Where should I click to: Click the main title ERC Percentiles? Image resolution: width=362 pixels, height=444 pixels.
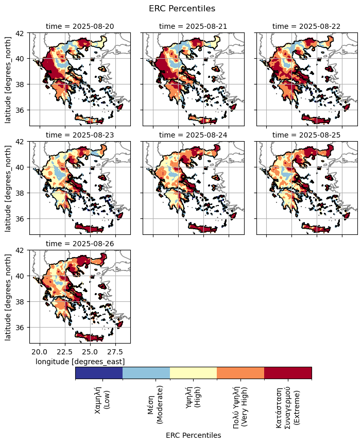pos(181,8)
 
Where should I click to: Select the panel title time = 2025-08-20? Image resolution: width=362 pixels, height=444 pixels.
pos(80,26)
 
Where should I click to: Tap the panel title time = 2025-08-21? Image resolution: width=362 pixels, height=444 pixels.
pos(193,26)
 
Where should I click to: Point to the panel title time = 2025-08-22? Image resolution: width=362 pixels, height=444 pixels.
pos(306,26)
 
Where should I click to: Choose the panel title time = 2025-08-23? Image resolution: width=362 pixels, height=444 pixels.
pos(80,135)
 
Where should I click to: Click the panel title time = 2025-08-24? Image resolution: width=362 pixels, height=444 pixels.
pos(193,135)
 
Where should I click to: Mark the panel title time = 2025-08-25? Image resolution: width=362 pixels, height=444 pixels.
pos(306,135)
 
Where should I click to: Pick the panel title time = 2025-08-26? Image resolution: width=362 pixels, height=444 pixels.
pos(80,244)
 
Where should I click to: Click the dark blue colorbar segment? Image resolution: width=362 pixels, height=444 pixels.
pos(99,372)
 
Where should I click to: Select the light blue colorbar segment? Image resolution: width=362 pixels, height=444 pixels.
pos(146,372)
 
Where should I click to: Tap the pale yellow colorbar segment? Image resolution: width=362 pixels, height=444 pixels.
pos(193,372)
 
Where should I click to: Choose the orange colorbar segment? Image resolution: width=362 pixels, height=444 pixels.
pos(240,372)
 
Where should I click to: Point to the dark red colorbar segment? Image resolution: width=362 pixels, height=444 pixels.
pos(288,372)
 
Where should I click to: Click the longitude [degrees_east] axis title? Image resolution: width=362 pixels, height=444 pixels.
pos(80,362)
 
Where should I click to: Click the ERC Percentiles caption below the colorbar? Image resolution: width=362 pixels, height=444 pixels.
pos(193,435)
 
